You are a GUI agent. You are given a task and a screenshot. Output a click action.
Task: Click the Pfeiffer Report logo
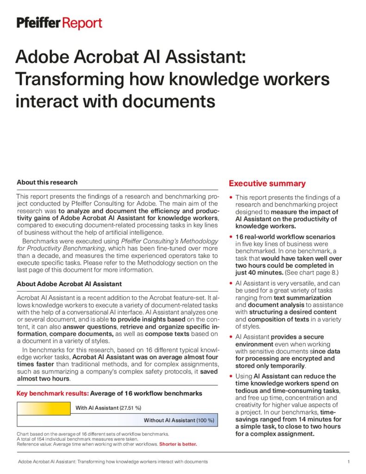click(x=59, y=23)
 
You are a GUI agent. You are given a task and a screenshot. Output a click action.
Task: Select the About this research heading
click(x=47, y=182)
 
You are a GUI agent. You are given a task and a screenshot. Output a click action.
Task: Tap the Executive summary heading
click(x=267, y=184)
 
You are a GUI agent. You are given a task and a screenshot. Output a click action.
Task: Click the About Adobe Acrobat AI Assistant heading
click(x=69, y=284)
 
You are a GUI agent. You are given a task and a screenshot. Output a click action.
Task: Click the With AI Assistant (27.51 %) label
click(x=108, y=408)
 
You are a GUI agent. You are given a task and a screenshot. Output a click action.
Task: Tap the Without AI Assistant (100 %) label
click(x=179, y=420)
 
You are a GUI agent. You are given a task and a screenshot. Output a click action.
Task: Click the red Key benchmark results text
click(x=52, y=394)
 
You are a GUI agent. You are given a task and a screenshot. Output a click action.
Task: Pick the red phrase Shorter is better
click(x=178, y=444)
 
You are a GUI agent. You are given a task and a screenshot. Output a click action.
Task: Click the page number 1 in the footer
click(x=348, y=462)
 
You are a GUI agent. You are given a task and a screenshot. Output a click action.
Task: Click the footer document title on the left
click(x=112, y=462)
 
